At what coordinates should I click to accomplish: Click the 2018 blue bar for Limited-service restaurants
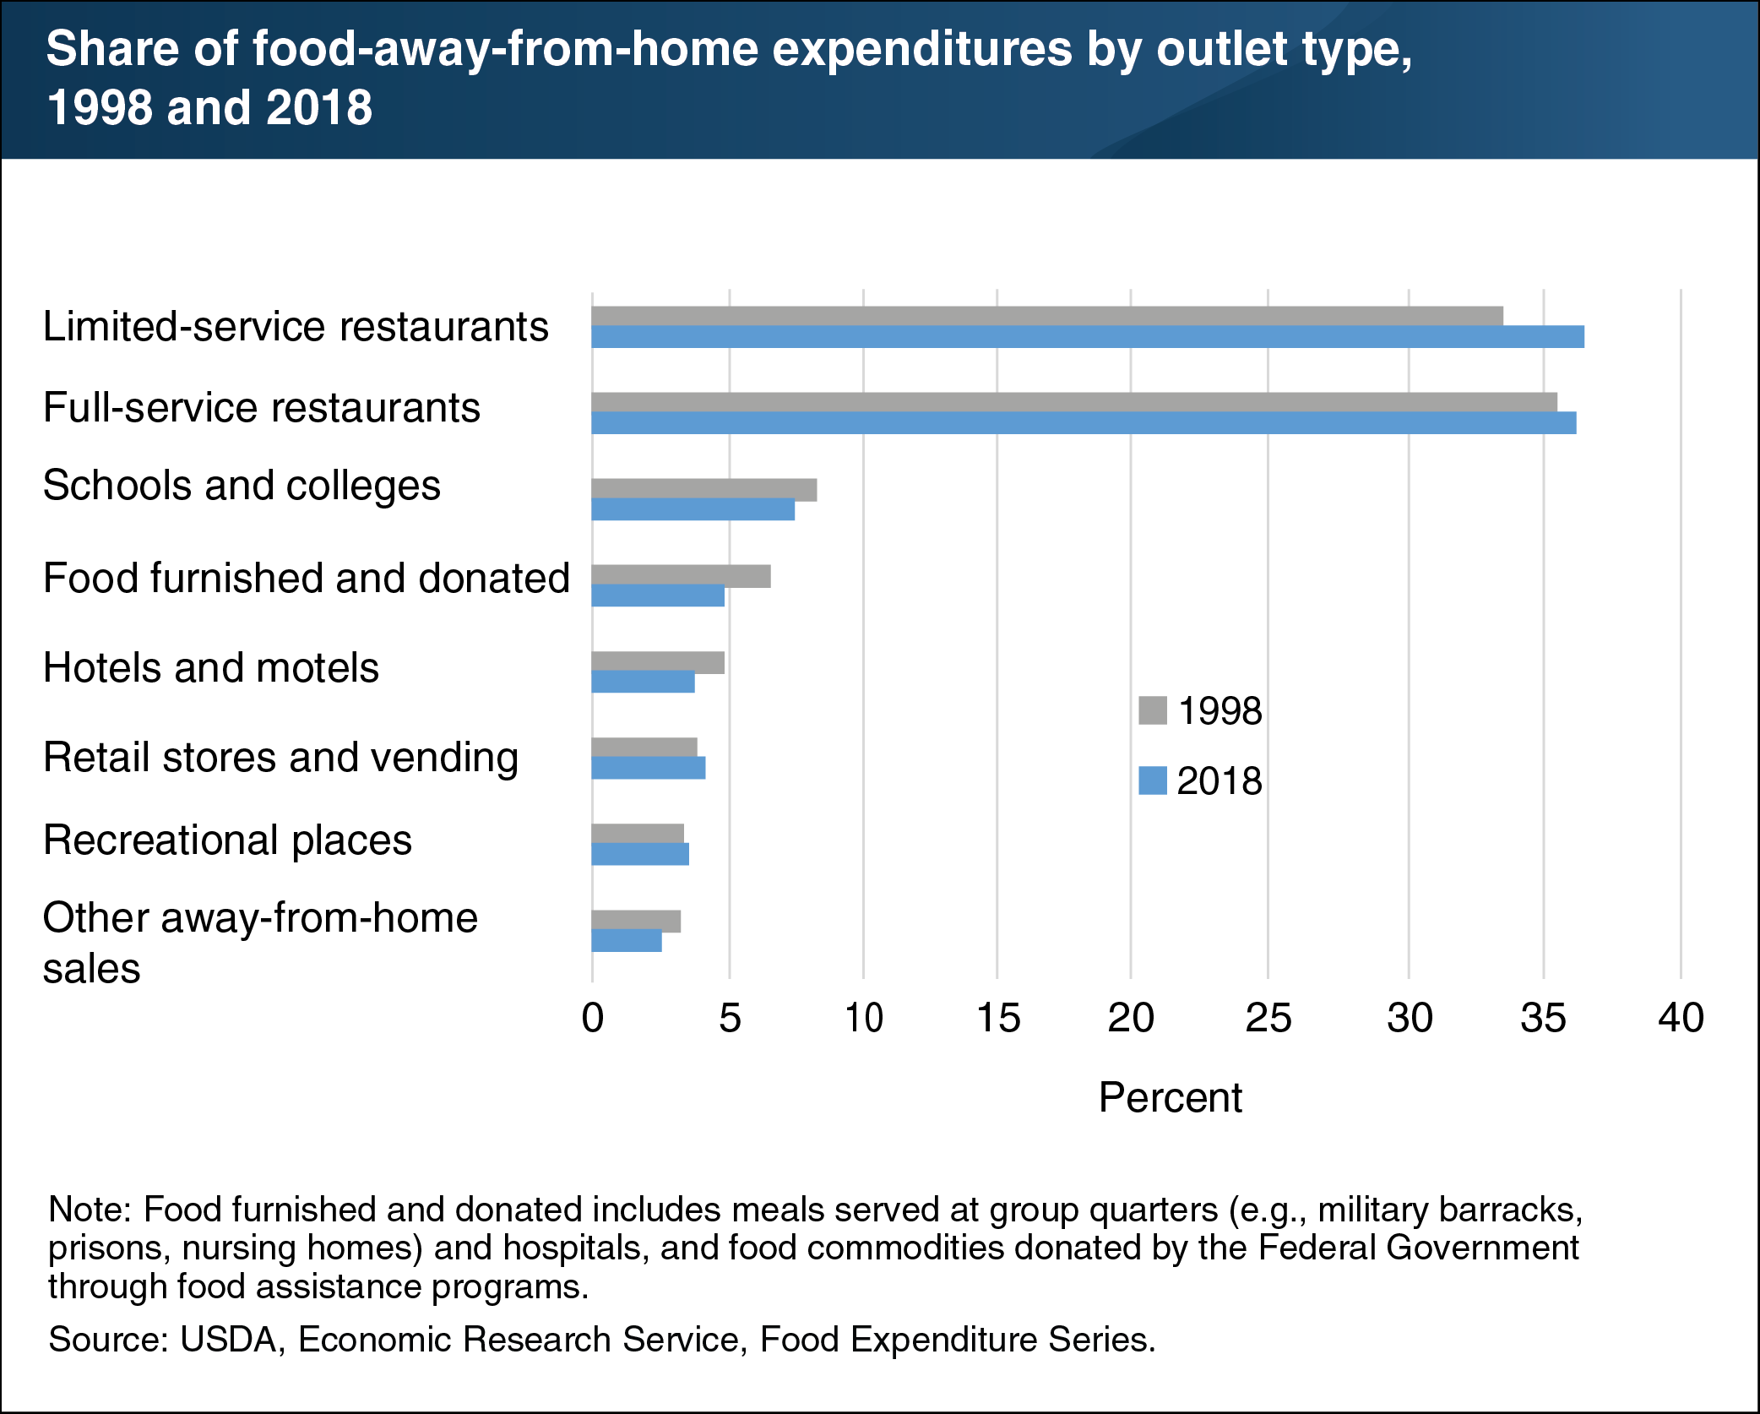click(x=1087, y=337)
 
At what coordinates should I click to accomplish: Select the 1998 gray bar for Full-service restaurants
click(x=1073, y=402)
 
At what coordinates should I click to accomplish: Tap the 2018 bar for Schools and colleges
click(x=693, y=509)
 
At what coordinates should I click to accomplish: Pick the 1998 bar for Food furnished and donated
click(x=681, y=576)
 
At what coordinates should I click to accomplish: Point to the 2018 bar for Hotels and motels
click(x=643, y=682)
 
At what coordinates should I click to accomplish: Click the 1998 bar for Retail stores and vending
click(x=644, y=748)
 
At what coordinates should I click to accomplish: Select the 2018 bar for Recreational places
click(x=640, y=854)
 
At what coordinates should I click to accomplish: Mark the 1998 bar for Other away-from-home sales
click(x=636, y=921)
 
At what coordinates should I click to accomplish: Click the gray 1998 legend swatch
click(x=1153, y=710)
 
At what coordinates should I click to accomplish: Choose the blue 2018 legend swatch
click(x=1153, y=780)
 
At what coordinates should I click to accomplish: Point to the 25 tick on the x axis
click(x=1268, y=1018)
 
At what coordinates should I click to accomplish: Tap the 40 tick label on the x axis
click(x=1681, y=1018)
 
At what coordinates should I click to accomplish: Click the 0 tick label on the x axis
click(x=593, y=1018)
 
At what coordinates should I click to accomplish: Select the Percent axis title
click(x=1170, y=1098)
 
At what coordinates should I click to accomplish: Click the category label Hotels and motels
click(x=211, y=667)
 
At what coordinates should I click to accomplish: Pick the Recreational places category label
click(x=227, y=840)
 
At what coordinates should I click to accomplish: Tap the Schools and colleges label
click(x=242, y=486)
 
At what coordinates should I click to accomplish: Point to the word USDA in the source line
click(x=229, y=1340)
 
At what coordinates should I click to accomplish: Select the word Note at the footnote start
click(x=86, y=1210)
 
